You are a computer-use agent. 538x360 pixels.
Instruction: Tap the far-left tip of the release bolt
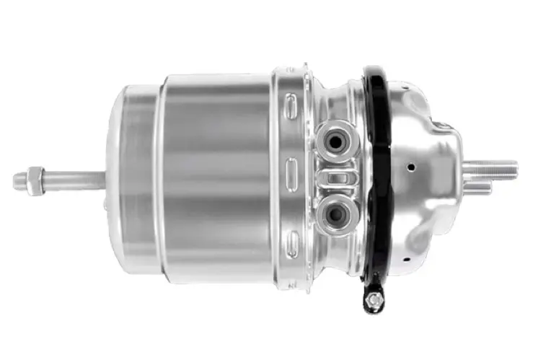[x=17, y=180]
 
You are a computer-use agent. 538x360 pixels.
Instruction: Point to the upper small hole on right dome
[x=410, y=167]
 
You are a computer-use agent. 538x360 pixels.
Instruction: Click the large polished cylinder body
[x=216, y=173]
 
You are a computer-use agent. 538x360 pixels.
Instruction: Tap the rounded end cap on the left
[x=130, y=177]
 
